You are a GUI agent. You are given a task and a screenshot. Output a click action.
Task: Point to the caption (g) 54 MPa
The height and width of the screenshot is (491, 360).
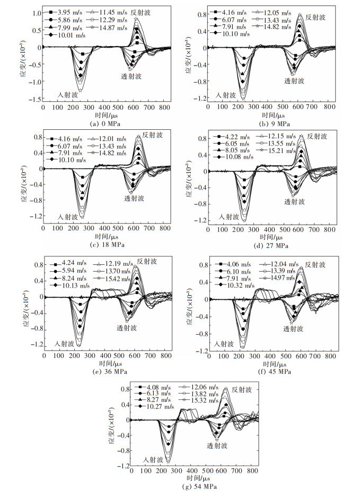(x=184, y=486)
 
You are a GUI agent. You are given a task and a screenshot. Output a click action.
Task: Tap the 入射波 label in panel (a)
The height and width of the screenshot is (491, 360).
(x=68, y=95)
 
